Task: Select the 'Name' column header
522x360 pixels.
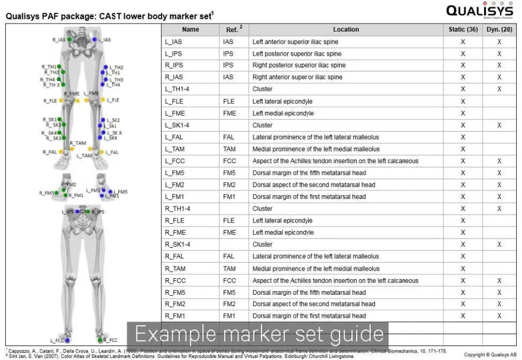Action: (190, 29)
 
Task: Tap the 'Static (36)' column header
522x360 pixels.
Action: (463, 29)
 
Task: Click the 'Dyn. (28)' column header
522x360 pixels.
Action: (499, 29)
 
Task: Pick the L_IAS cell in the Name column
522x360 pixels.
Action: (174, 42)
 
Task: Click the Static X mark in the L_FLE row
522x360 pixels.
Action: (463, 101)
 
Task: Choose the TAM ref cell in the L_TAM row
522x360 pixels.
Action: (229, 149)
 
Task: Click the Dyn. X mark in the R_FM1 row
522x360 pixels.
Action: (499, 316)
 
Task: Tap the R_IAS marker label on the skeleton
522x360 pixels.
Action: (58, 40)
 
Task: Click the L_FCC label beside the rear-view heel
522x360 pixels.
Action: (57, 340)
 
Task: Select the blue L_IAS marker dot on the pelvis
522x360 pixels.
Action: (95, 40)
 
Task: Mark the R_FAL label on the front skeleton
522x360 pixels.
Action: (49, 152)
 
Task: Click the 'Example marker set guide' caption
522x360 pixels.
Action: (259, 334)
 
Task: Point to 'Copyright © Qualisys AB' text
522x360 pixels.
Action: (490, 355)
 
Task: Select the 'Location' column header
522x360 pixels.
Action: (346, 29)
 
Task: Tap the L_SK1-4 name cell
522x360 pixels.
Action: (178, 125)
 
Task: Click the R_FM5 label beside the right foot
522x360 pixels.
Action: (46, 193)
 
